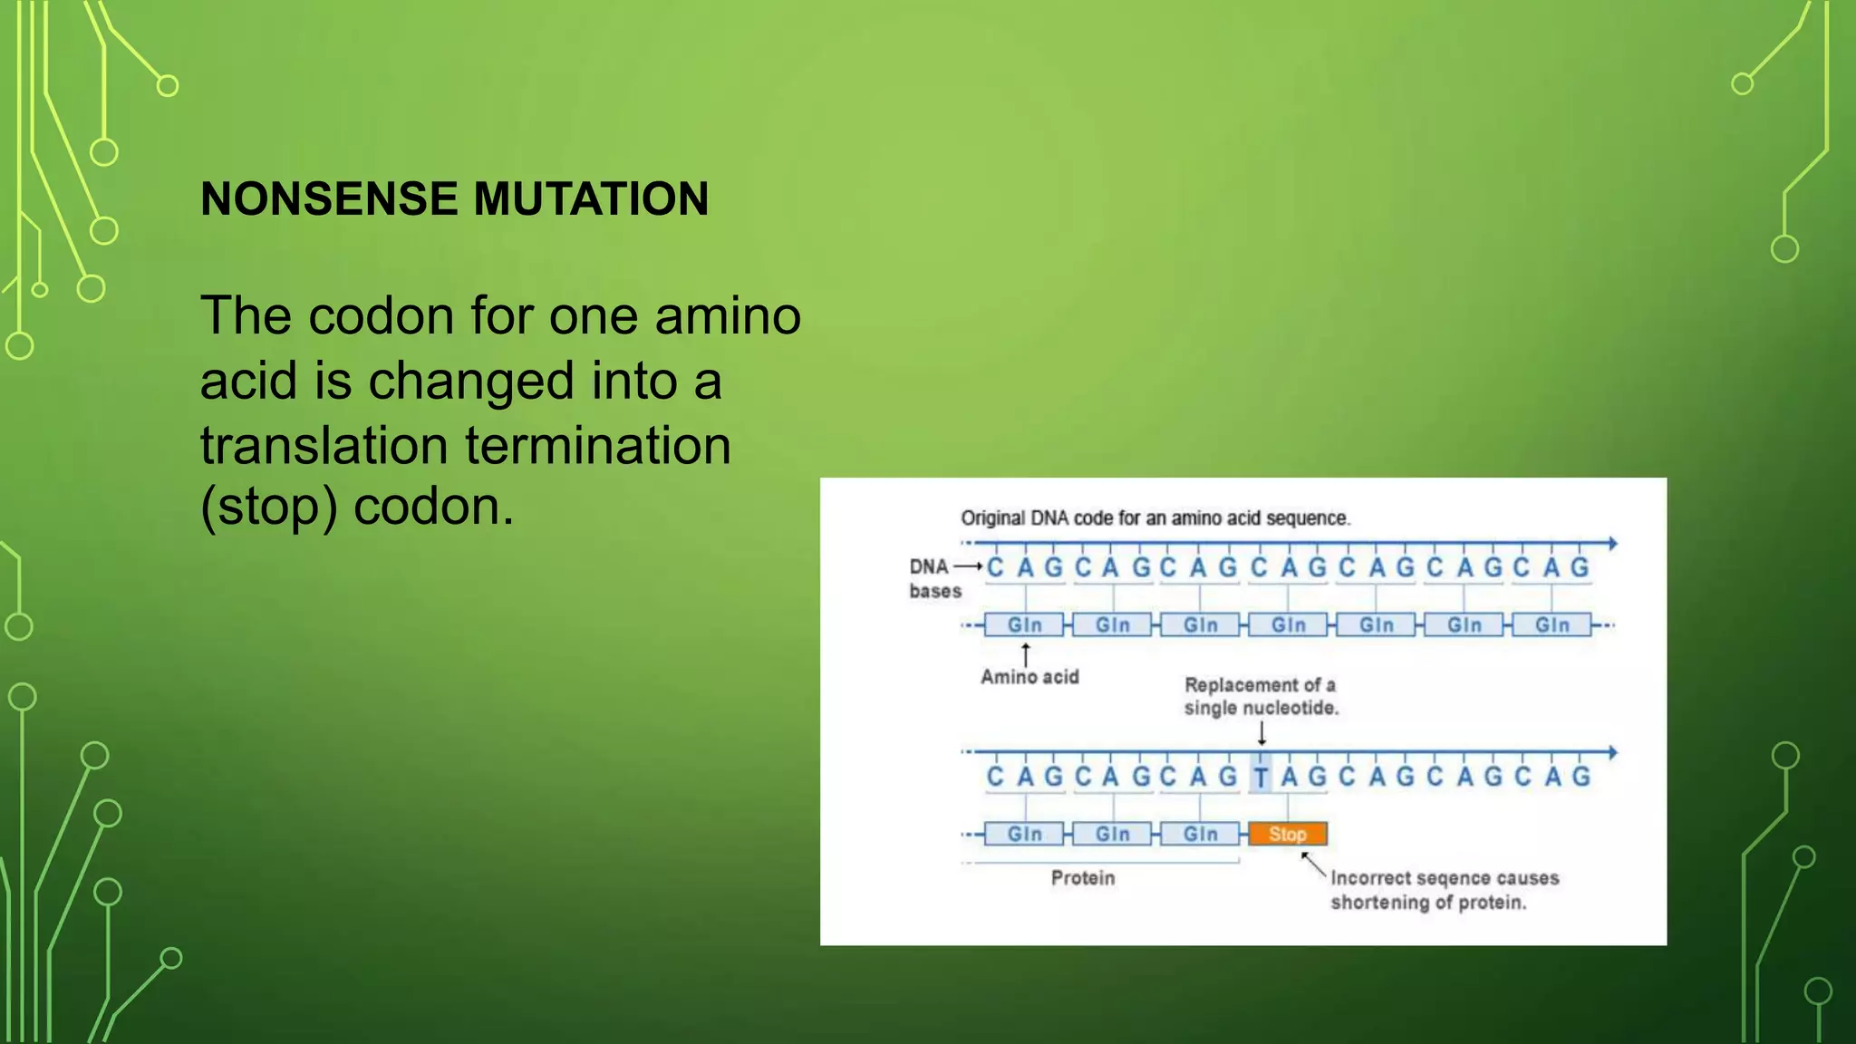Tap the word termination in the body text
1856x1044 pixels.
pos(598,446)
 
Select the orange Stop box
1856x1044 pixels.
pos(1287,834)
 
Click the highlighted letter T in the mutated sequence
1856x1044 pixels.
pos(1261,778)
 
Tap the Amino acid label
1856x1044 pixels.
pos(1029,677)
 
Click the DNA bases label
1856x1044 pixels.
pos(933,578)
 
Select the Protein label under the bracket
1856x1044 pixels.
pos(1083,877)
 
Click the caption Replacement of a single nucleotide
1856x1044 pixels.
pos(1261,696)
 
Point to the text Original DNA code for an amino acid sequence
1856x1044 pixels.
pos(1155,518)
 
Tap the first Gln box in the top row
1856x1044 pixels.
pos(1025,625)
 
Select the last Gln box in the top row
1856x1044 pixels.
pos(1551,625)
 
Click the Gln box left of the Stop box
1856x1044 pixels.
pos(1200,834)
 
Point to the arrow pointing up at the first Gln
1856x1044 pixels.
pos(1026,654)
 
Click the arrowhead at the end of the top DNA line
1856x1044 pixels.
pos(1612,544)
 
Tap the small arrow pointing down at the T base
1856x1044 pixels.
pos(1261,735)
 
